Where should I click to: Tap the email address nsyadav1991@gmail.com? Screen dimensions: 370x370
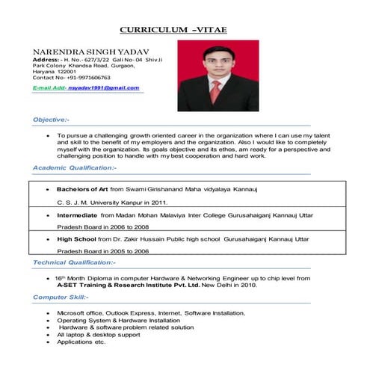[103, 88]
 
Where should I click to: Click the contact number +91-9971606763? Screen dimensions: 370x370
[83, 77]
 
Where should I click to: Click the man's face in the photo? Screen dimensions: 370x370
[216, 61]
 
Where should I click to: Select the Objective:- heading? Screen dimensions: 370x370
[52, 119]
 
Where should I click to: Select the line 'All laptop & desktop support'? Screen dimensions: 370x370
[98, 334]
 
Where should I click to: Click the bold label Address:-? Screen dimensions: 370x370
[46, 59]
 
